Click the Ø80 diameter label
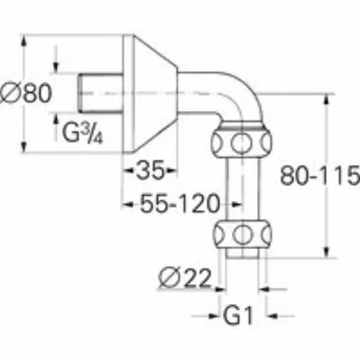point(26,93)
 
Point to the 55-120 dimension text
point(180,204)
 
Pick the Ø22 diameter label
point(185,278)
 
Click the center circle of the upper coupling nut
point(241,143)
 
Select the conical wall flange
point(150,94)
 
